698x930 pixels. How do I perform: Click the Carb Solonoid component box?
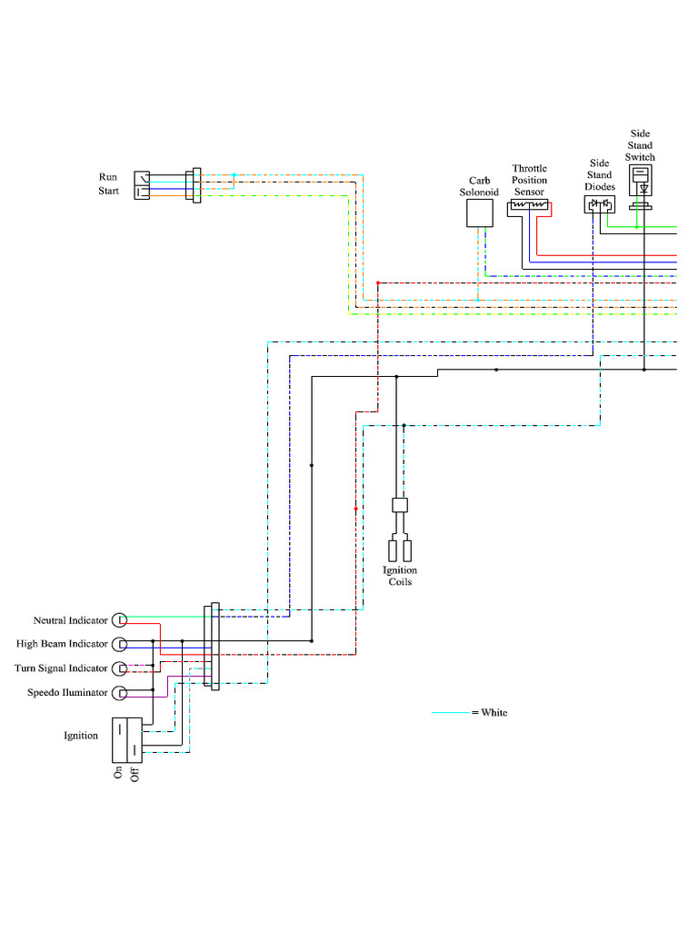[x=479, y=213]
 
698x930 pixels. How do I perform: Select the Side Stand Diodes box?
[x=599, y=204]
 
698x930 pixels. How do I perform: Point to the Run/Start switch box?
[x=142, y=184]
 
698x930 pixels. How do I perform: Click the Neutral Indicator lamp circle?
[x=120, y=619]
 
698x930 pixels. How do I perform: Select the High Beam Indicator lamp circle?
[x=120, y=644]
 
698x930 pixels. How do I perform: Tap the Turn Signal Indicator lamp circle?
[x=120, y=668]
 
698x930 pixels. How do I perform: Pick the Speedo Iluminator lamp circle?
[x=120, y=693]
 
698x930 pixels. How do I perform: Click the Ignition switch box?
[x=127, y=739]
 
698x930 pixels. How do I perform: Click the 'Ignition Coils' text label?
[x=400, y=576]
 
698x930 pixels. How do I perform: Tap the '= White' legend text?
[x=490, y=713]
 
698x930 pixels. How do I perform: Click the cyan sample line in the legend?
[x=451, y=713]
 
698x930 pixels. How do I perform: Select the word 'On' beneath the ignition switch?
[x=118, y=773]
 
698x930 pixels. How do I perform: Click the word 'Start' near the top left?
[x=109, y=192]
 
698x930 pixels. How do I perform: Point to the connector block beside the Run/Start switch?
[x=193, y=184]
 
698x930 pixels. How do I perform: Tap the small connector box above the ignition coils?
[x=399, y=504]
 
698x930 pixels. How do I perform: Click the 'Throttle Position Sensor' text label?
[x=530, y=180]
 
